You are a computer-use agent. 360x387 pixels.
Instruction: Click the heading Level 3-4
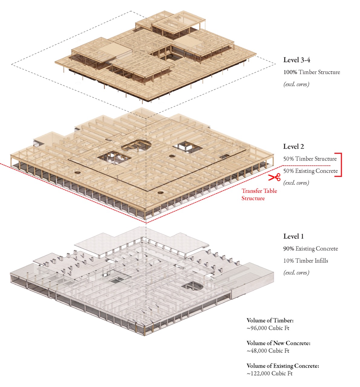tap(296, 60)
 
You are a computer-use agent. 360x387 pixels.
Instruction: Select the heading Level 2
tap(293, 146)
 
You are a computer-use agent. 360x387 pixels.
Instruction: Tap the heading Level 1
tap(293, 236)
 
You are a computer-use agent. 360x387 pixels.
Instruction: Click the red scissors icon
tap(274, 177)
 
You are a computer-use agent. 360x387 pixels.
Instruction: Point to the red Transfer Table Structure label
tap(259, 194)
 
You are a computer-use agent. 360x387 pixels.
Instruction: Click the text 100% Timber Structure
tap(312, 72)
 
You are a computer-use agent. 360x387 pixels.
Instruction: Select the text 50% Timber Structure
tap(310, 159)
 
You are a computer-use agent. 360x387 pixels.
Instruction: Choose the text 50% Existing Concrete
tap(310, 171)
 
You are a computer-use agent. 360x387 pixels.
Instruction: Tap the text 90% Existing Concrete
tap(310, 249)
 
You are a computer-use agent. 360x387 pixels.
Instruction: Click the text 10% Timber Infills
tap(306, 261)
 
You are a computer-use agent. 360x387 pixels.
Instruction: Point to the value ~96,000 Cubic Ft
tap(268, 328)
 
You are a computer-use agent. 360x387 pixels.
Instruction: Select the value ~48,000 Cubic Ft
tap(268, 351)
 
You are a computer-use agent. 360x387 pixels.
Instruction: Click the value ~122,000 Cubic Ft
tap(270, 373)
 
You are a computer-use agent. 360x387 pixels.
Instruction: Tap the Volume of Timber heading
tap(270, 320)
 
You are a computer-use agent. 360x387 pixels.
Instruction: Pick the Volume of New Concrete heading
tap(278, 343)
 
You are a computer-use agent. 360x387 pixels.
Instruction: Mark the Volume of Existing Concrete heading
tap(283, 366)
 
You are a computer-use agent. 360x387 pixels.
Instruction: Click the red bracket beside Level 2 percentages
tap(341, 165)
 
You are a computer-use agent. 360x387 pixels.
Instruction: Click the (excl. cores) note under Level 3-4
tap(296, 84)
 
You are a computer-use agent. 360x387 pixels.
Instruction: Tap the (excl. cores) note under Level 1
tap(296, 272)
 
